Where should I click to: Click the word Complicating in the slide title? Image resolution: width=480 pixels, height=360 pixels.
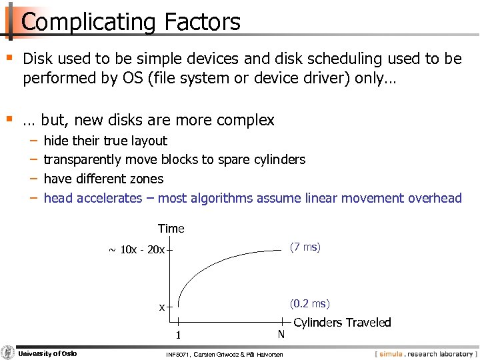82,22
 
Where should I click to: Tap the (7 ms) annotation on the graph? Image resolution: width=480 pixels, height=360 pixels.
305,247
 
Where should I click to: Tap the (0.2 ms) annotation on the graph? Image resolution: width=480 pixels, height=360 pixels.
309,304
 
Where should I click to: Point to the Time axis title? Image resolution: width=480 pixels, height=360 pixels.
171,229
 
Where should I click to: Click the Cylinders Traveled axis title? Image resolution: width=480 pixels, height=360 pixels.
342,323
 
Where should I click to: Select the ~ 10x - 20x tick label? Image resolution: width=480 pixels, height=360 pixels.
136,251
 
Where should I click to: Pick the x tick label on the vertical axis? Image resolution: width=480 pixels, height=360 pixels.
161,307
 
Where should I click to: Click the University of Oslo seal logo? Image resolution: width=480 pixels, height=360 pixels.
8,353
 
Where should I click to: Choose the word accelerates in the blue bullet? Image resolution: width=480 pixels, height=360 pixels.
109,198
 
